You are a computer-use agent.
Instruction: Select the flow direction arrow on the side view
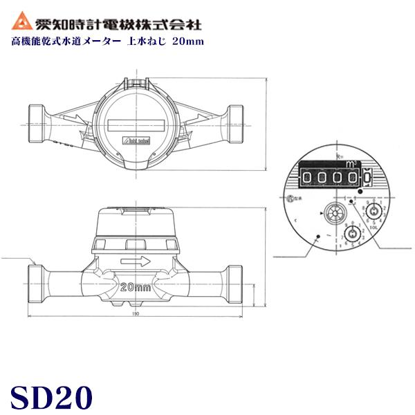click(x=136, y=261)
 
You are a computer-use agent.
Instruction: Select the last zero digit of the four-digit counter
click(x=353, y=178)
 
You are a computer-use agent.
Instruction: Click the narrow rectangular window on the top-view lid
click(x=136, y=126)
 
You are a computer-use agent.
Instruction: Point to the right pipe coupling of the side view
click(x=234, y=284)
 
